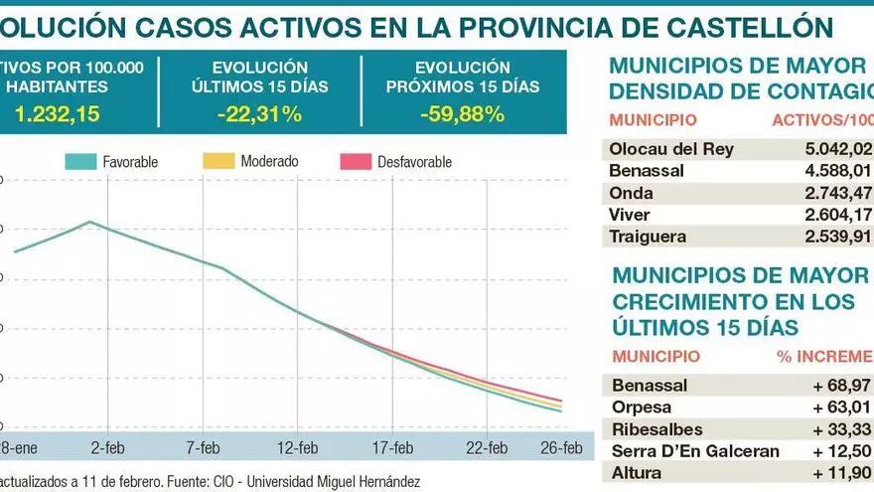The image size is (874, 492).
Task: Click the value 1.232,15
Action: tap(57, 114)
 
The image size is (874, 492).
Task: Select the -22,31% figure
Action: tap(259, 114)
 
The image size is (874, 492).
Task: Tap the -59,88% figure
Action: tap(462, 114)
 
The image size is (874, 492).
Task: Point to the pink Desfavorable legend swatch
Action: tap(356, 161)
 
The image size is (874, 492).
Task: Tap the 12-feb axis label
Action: tap(297, 446)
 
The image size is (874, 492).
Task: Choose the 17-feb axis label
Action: tap(392, 446)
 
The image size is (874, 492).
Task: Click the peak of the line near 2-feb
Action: tap(90, 221)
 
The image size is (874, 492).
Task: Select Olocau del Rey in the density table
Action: tap(672, 149)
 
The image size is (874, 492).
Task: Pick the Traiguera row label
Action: tap(651, 237)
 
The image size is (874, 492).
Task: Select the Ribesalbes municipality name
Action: tap(657, 428)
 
